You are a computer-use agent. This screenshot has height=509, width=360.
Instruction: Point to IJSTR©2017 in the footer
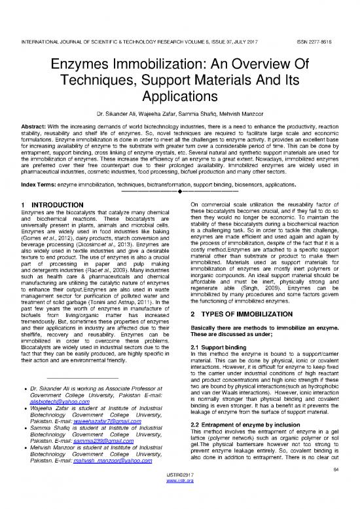coord(179,495)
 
